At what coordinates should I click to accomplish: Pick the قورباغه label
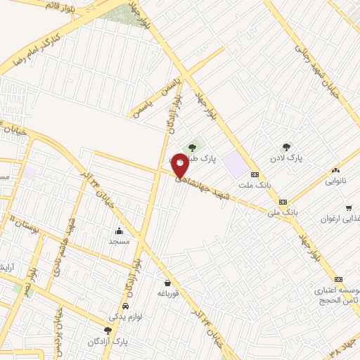point(169,293)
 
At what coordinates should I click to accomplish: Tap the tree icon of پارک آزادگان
point(108,330)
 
